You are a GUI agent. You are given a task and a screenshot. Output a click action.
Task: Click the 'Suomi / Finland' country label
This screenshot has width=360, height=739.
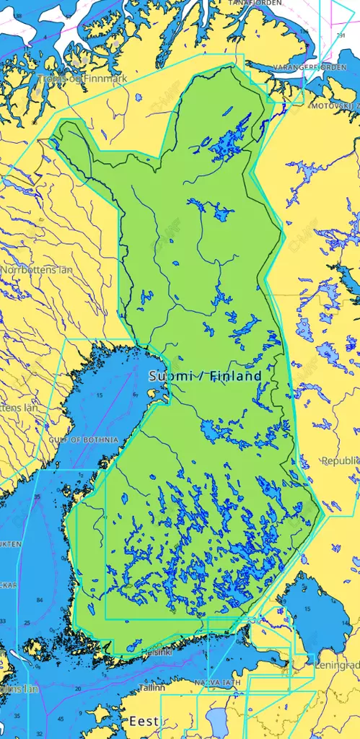205,376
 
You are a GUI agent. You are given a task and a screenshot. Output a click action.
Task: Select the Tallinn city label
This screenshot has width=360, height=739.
152,688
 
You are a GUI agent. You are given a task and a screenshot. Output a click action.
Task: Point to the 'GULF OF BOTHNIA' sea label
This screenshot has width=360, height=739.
73,439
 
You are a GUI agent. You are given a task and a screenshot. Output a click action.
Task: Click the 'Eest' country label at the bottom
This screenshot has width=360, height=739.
143,721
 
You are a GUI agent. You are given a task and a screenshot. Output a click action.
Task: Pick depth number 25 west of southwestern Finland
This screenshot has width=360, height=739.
27,623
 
